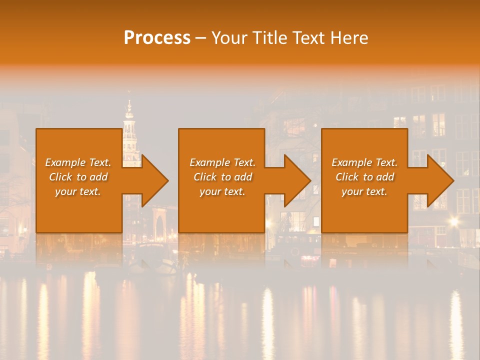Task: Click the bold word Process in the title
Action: tap(157, 37)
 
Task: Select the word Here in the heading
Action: tap(349, 37)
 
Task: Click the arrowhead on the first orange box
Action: tap(149, 180)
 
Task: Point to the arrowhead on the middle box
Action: tap(292, 180)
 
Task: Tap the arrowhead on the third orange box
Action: tap(435, 180)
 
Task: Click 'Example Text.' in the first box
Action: tap(78, 162)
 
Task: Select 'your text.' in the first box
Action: tap(78, 191)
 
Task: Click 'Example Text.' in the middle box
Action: tap(222, 162)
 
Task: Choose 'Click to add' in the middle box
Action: tap(222, 177)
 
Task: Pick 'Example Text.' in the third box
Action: tap(364, 162)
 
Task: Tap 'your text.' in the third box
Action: tap(364, 191)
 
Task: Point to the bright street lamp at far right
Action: tap(453, 221)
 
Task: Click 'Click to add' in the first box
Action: tap(78, 177)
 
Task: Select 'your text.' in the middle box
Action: tap(222, 191)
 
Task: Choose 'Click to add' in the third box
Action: tap(364, 177)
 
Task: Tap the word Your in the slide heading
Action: tap(228, 37)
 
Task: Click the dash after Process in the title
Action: tap(201, 38)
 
